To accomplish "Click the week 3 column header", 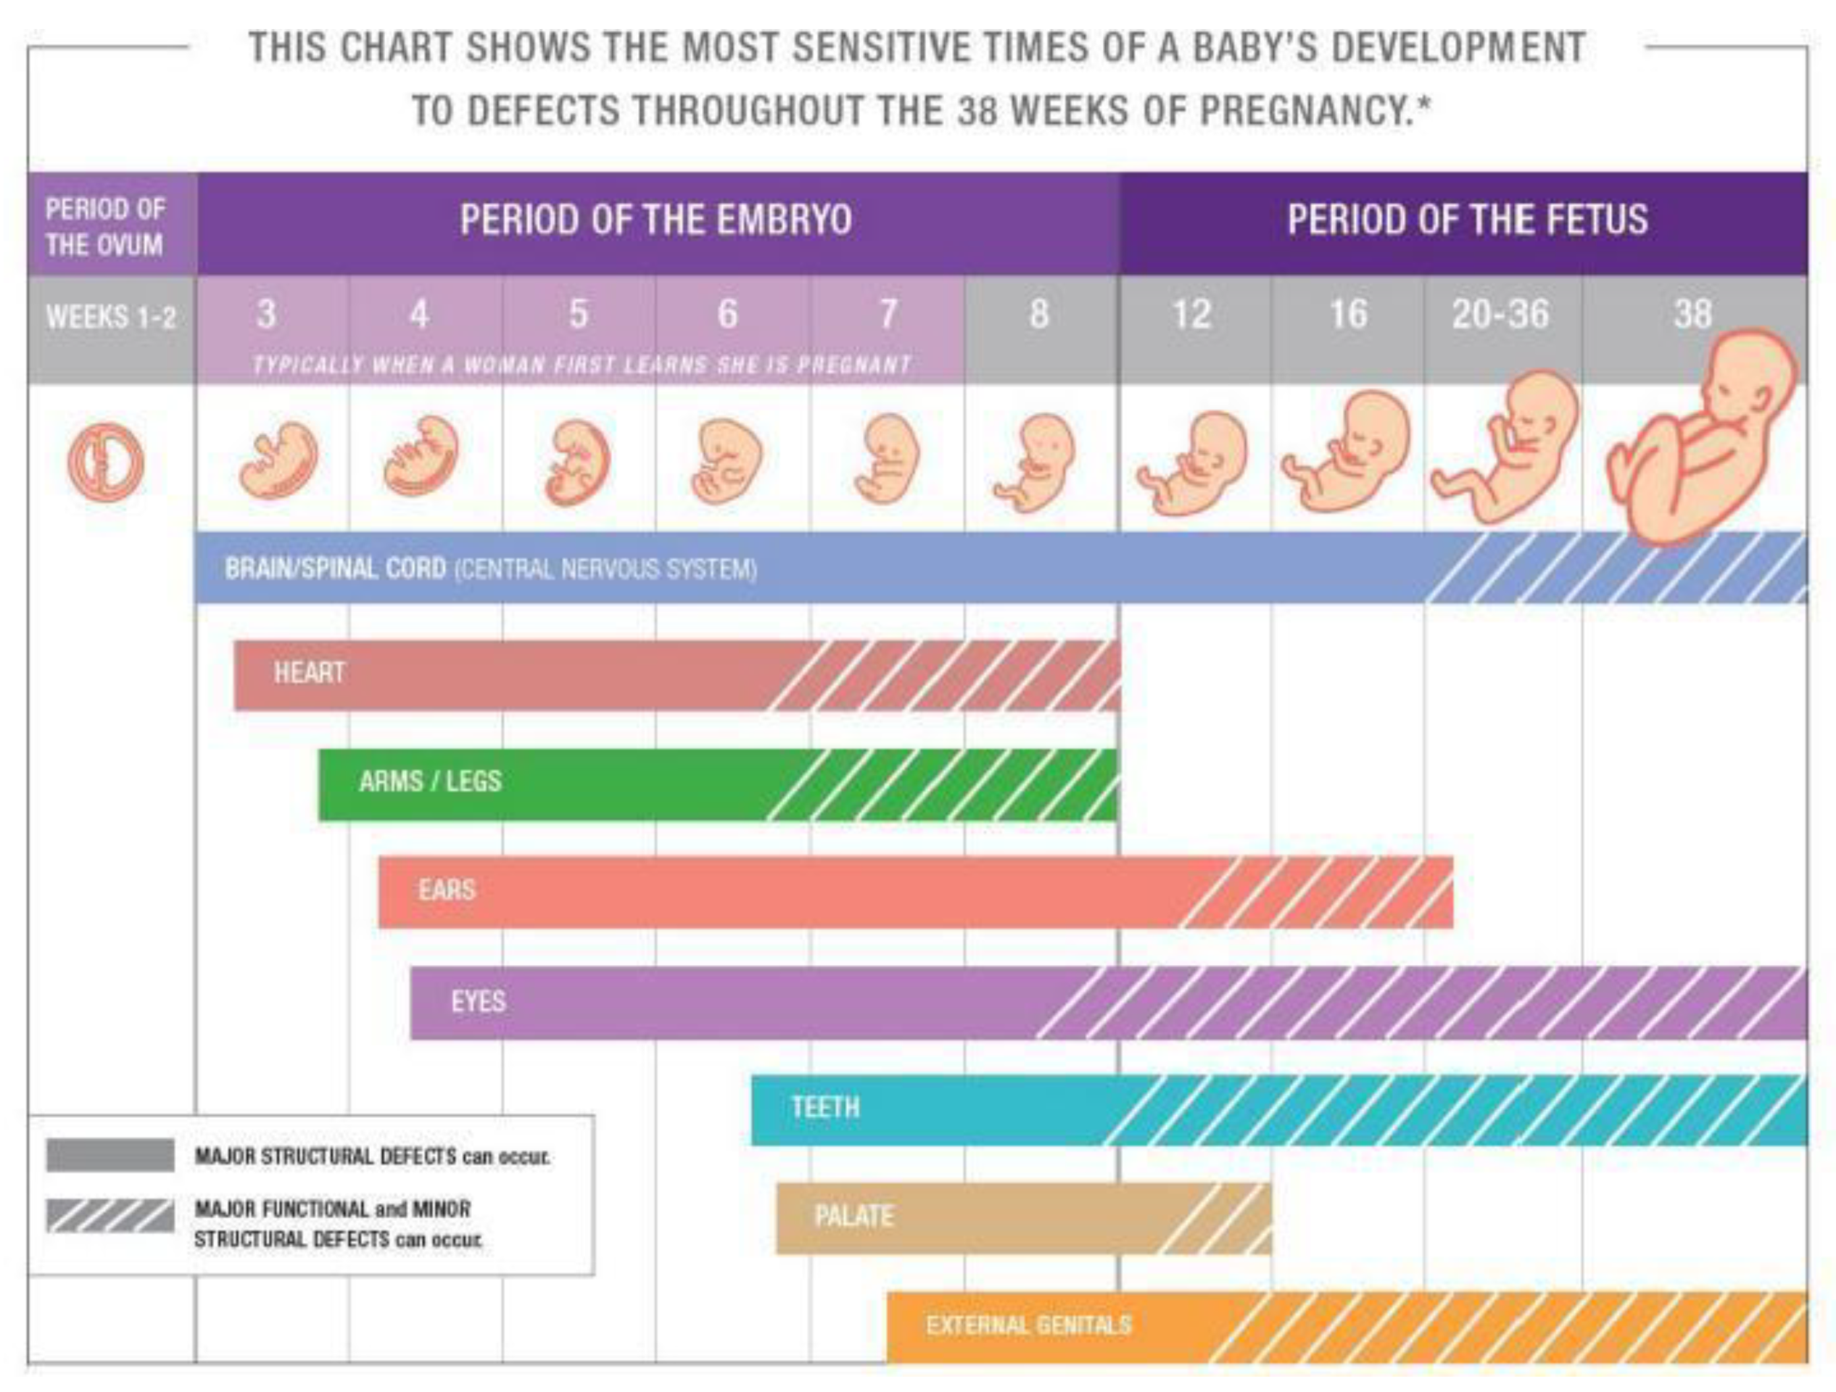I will pos(266,314).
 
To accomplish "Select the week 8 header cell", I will pos(1039,314).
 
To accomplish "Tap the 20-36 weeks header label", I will pos(1500,314).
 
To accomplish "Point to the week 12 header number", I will pos(1192,314).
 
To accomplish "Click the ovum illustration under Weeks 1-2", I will pos(105,462).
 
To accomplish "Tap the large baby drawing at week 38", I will pos(1702,440).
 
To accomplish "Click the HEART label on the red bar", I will pos(310,672).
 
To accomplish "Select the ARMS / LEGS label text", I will pos(430,781).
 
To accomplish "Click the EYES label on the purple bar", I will pos(478,1001).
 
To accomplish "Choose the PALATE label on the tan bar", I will pos(854,1217).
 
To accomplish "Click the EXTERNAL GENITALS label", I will pos(1028,1325).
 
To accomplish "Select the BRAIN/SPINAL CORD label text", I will pos(336,569).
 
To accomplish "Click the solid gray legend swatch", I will pos(110,1155).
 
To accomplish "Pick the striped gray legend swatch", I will pos(110,1216).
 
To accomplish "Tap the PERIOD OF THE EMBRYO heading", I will pos(656,220).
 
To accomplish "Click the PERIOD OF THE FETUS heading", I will pos(1467,220).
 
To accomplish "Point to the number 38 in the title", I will pos(977,110).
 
